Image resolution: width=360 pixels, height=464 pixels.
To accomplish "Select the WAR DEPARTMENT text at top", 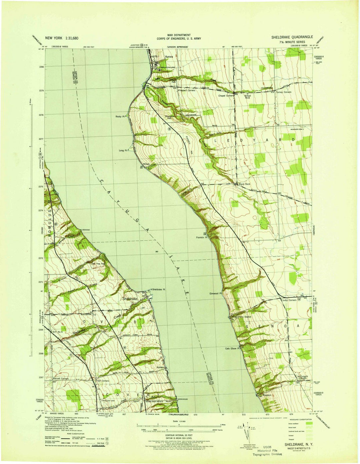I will tap(179, 35).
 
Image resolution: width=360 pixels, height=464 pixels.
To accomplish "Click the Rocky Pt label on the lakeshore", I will tap(120, 117).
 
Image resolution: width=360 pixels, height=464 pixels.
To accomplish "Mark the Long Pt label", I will tap(123, 150).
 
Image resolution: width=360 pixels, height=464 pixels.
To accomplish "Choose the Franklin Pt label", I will tap(202, 238).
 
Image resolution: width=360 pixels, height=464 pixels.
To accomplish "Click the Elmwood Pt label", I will tap(215, 294).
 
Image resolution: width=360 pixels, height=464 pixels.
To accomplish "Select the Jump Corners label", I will tap(289, 300).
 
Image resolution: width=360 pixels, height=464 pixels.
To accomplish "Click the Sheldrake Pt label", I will tap(159, 290).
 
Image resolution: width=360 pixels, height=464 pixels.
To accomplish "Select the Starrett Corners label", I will tap(61, 379).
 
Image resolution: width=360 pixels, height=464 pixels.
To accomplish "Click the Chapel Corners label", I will tap(226, 96).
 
